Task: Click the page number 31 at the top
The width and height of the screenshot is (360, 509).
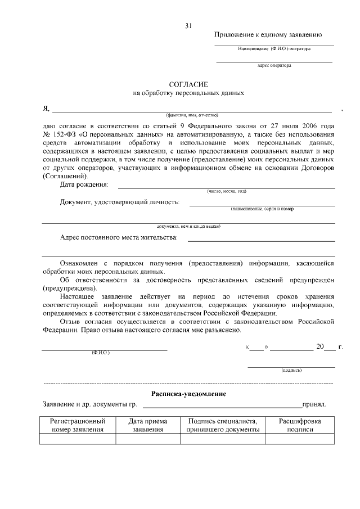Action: [188, 25]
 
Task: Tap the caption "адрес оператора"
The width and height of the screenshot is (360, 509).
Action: [274, 65]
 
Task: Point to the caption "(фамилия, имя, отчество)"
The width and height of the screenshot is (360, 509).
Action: [192, 115]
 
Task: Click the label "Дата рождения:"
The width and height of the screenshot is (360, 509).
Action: [84, 184]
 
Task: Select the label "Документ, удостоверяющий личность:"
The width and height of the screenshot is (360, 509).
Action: [120, 202]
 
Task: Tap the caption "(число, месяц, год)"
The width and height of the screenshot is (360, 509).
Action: [226, 191]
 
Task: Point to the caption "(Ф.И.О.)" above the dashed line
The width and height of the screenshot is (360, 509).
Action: [100, 353]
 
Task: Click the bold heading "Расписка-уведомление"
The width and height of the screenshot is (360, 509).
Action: [188, 394]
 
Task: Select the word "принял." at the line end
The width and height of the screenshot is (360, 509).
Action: [314, 404]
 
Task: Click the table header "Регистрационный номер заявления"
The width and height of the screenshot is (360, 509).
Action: [78, 425]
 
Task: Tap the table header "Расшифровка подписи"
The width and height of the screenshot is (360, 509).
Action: [300, 425]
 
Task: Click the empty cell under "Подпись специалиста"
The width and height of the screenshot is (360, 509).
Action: [222, 439]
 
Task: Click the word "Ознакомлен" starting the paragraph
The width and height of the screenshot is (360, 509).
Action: [82, 263]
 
